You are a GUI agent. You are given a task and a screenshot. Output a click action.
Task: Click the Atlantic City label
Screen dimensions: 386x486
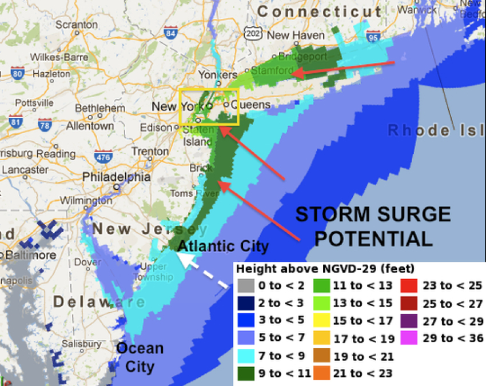click(223, 246)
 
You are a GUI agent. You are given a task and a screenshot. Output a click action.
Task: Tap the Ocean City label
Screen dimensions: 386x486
click(141, 357)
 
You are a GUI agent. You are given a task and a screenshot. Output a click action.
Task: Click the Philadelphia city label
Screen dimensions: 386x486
click(116, 177)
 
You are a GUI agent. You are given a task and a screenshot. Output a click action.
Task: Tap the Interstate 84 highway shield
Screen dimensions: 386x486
click(170, 33)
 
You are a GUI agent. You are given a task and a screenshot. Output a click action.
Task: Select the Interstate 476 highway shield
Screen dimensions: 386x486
click(103, 157)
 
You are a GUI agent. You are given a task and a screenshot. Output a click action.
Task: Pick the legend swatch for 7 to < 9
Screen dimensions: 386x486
click(246, 356)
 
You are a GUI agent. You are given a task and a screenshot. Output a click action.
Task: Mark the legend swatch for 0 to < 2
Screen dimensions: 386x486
click(246, 285)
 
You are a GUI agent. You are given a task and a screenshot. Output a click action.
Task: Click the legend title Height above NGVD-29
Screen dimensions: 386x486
click(325, 268)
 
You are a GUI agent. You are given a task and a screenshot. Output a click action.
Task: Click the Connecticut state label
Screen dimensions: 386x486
click(319, 11)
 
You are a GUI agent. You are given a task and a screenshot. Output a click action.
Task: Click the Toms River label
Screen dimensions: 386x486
click(189, 193)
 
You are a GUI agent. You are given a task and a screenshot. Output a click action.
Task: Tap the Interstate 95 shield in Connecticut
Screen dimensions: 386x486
click(373, 37)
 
